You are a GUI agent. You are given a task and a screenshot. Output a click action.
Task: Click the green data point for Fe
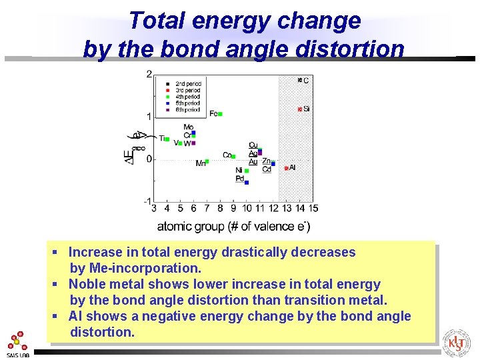(220, 114)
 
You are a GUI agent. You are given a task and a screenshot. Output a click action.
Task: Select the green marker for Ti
(167, 139)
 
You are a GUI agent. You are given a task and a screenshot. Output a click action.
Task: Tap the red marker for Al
(287, 168)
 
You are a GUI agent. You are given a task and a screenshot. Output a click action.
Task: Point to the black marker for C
(300, 80)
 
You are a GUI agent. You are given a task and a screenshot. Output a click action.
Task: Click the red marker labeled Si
(300, 109)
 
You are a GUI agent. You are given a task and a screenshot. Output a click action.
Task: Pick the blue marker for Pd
(247, 181)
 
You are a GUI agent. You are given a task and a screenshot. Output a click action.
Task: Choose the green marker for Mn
(207, 161)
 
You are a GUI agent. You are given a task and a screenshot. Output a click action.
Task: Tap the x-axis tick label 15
(313, 209)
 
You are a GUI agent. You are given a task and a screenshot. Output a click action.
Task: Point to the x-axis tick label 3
(154, 209)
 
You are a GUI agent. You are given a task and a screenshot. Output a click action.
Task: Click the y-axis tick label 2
(149, 74)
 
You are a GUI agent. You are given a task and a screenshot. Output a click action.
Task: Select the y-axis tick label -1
(147, 201)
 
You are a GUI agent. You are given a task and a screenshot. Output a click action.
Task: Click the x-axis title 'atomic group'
(190, 227)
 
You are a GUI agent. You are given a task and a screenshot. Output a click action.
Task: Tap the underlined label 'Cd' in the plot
(267, 169)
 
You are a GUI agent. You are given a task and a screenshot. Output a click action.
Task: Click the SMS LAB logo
(18, 344)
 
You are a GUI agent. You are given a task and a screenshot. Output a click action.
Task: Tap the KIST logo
(457, 343)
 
